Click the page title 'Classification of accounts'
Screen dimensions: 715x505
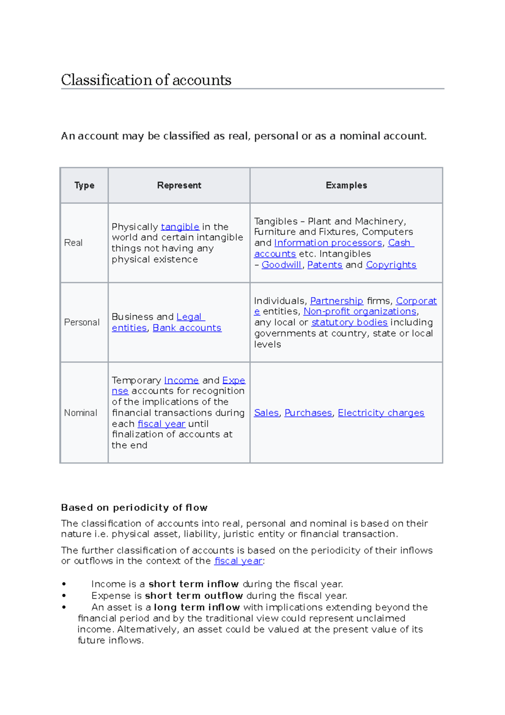(x=146, y=80)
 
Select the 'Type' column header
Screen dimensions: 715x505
(x=84, y=185)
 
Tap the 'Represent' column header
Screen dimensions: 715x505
(x=179, y=185)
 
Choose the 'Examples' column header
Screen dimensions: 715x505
(x=346, y=185)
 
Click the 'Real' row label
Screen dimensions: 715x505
(x=73, y=243)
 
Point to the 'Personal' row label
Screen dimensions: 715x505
(x=82, y=322)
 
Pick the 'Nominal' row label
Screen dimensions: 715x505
(x=80, y=413)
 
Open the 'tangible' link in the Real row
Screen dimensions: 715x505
(x=180, y=227)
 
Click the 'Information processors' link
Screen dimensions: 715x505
(x=328, y=243)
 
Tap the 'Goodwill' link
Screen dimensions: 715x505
(x=281, y=265)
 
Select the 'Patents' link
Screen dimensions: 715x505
(x=324, y=265)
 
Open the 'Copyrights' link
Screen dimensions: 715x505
(x=391, y=265)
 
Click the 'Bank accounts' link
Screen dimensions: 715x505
(x=187, y=328)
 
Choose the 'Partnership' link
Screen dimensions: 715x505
(x=336, y=301)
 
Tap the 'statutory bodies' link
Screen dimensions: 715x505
(x=349, y=322)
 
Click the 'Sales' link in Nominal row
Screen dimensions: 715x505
(x=266, y=413)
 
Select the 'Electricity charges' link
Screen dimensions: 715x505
(x=381, y=413)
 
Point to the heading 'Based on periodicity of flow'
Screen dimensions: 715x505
(x=134, y=507)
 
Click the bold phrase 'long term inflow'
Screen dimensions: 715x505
(x=197, y=607)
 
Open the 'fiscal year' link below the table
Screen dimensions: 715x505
(x=238, y=561)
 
